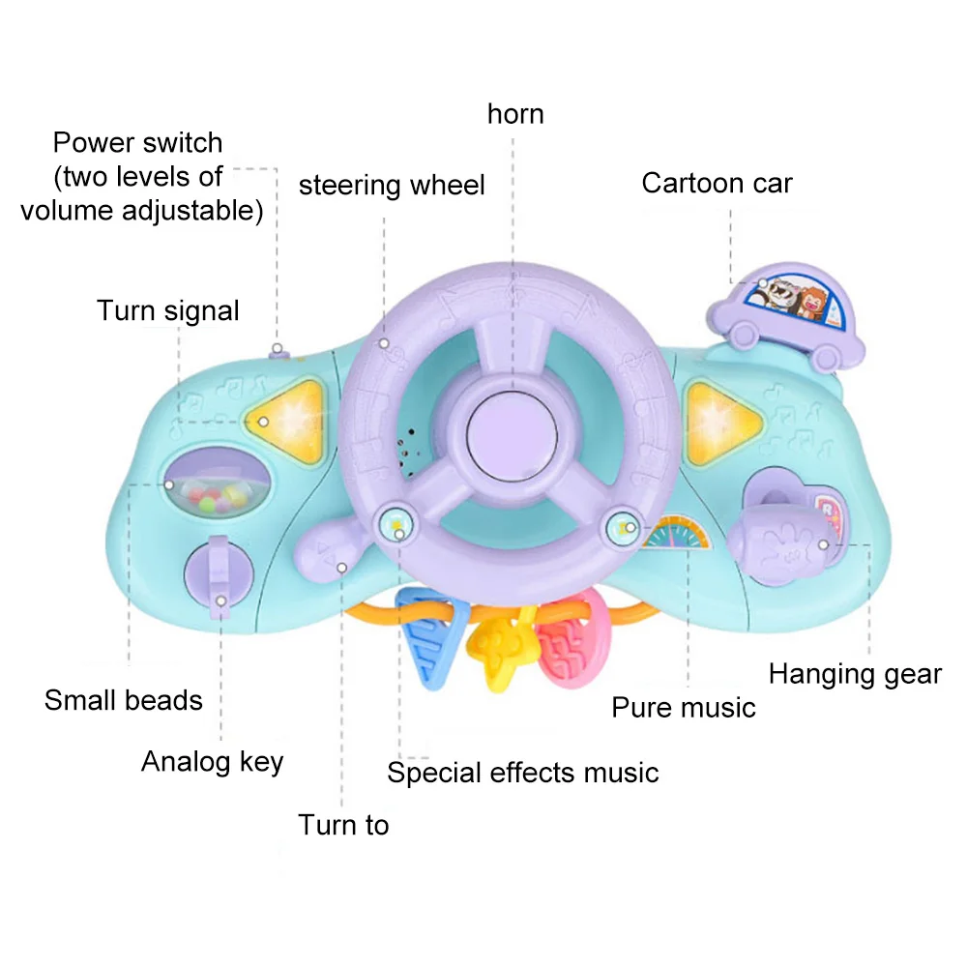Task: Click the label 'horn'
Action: pyautogui.click(x=515, y=114)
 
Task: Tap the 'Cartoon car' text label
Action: pyautogui.click(x=717, y=183)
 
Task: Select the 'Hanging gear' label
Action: pyautogui.click(x=855, y=674)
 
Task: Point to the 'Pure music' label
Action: pyautogui.click(x=683, y=708)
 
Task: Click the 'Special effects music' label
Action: pyautogui.click(x=522, y=773)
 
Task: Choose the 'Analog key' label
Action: pyautogui.click(x=213, y=761)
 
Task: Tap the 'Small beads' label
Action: pyautogui.click(x=124, y=700)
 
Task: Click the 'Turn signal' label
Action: pyautogui.click(x=167, y=310)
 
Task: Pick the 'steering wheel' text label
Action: pyautogui.click(x=392, y=185)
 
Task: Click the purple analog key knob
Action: pyautogui.click(x=220, y=578)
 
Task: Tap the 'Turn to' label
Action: pyautogui.click(x=342, y=825)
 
